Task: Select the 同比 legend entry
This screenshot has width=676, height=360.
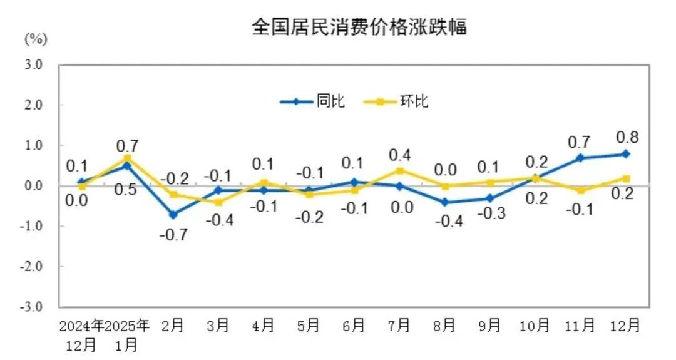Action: coord(313,101)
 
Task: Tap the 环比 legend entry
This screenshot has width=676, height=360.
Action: coord(396,101)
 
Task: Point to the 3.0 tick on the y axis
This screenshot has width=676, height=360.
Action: coord(34,64)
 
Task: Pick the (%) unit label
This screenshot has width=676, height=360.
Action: coord(36,39)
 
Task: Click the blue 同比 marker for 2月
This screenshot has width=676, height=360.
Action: coord(173,214)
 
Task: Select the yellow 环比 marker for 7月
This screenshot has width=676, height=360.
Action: coord(399,170)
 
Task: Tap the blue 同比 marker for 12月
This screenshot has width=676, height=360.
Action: coord(626,154)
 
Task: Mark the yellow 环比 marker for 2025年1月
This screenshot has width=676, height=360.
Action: coord(128,158)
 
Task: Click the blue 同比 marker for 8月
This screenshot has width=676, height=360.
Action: coord(444,202)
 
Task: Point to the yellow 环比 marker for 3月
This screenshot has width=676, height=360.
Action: coord(218,202)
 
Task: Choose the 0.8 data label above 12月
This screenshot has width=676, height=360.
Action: coord(627,137)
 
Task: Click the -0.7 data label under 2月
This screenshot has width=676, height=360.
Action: coord(173,235)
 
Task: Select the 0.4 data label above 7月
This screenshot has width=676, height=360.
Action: coord(399,154)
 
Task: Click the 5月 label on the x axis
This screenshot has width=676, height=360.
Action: coord(309,326)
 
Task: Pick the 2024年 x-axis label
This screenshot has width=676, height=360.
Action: coord(82,326)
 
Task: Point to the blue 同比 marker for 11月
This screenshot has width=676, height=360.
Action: coord(580,158)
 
